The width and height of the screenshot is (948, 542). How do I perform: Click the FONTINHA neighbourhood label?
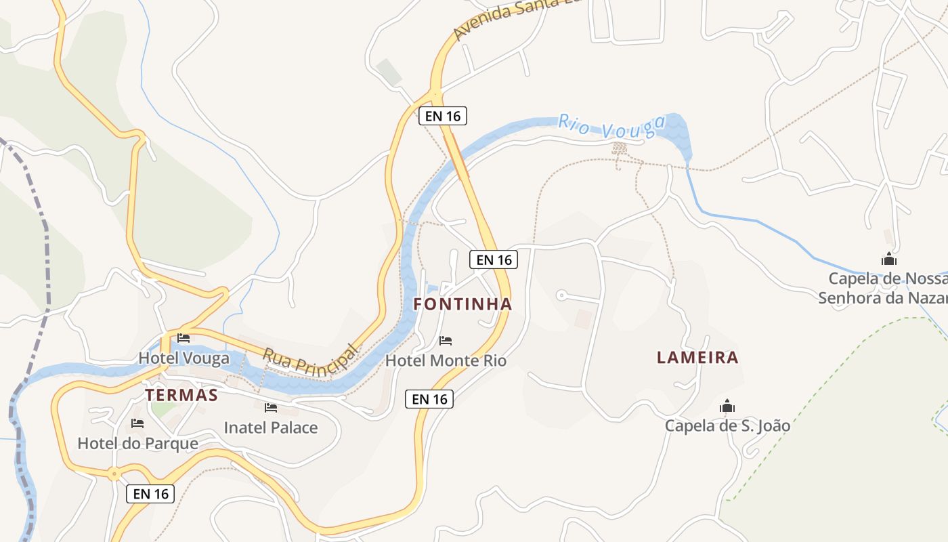point(462,304)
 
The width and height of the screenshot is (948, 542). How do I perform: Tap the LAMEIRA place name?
point(697,357)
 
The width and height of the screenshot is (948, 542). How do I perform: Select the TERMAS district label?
point(181,395)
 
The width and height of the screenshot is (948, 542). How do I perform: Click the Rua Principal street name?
point(309,359)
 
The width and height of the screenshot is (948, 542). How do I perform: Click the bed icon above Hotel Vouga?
point(184,337)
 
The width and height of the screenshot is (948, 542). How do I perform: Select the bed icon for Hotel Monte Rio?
point(446,340)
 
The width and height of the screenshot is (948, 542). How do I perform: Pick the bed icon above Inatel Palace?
point(271,407)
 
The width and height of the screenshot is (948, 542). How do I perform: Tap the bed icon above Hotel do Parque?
point(137,423)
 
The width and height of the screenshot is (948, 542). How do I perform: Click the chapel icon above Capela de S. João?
point(727,406)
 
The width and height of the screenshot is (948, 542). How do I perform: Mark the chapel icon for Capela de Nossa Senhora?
point(888,259)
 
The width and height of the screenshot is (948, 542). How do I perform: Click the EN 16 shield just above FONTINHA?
point(494,259)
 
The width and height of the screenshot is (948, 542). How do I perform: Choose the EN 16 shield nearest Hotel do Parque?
point(150,494)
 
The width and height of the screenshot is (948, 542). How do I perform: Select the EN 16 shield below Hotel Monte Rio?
point(429,399)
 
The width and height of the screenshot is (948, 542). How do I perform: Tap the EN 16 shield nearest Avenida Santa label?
point(443,116)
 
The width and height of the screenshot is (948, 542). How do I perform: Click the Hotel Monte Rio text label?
point(446,360)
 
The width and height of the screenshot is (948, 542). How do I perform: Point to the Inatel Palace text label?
point(271,428)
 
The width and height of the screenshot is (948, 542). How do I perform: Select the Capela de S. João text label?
point(727,425)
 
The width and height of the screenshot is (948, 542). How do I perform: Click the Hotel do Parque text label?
point(137,444)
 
